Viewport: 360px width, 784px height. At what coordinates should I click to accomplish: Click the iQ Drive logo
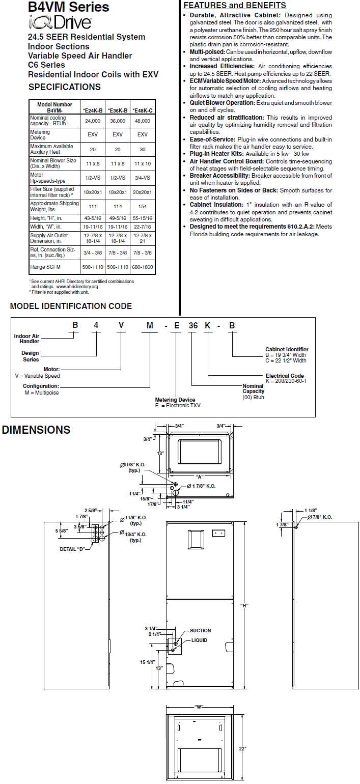coord(60,22)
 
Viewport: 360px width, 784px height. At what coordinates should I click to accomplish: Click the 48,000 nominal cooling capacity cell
coord(143,121)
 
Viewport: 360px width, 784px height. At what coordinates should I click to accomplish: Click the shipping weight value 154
coord(143,206)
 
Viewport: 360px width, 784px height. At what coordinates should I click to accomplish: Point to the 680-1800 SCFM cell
coord(143,267)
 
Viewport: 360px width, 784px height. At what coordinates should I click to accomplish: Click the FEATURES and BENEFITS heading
coord(234,6)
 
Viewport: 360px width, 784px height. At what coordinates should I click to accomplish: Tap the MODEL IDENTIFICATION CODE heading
coord(71,306)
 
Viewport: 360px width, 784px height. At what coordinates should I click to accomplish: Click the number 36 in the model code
coord(193,326)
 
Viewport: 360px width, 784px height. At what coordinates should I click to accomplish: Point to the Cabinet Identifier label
coord(287,349)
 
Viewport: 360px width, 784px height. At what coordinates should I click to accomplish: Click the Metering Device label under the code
coord(175,400)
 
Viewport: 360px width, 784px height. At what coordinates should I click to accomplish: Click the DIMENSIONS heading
coord(36,430)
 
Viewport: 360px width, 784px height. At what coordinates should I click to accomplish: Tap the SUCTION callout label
coord(200,631)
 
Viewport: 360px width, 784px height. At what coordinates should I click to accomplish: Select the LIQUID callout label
coord(199,640)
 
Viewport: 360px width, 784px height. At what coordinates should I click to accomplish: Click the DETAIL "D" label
coord(73,549)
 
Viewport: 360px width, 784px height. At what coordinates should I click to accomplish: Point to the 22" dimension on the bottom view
coord(244,748)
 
